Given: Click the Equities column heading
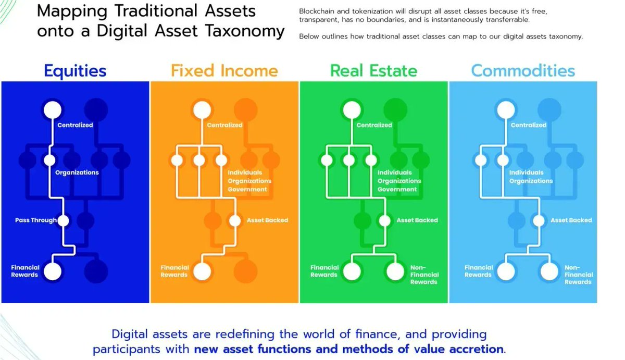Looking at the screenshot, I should [x=75, y=70].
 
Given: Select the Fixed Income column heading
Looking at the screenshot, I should [x=224, y=70].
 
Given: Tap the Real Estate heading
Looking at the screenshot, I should [x=373, y=70].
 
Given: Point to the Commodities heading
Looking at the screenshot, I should [x=523, y=70].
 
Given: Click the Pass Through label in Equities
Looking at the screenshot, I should [x=36, y=220].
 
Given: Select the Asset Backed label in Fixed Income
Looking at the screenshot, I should [x=267, y=220].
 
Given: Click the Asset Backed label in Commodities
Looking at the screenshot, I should [x=571, y=220].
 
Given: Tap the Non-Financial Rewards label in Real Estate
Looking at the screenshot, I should [x=424, y=275].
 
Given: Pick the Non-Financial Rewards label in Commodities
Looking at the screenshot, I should [x=578, y=275].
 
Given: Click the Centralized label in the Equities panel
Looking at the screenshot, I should [x=75, y=125].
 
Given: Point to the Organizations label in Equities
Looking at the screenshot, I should [x=77, y=172].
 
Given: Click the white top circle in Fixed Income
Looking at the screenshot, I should [x=202, y=110].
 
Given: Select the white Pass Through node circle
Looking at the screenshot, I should [x=63, y=220].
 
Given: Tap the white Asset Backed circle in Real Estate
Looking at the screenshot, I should [x=384, y=220].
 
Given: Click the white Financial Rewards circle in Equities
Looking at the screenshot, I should [x=53, y=271].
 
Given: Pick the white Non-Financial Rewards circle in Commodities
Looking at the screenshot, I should [x=549, y=271].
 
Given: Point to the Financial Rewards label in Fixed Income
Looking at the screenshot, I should [x=174, y=271].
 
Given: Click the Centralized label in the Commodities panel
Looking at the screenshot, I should [x=528, y=125].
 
